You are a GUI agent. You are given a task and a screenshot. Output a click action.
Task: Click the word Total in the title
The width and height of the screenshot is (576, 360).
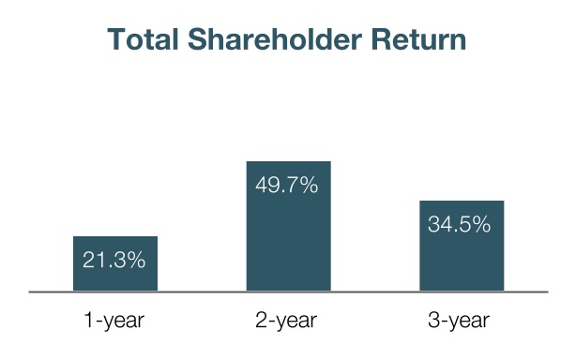(x=143, y=39)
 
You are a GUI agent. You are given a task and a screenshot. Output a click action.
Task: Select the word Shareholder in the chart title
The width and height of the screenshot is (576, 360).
(x=275, y=39)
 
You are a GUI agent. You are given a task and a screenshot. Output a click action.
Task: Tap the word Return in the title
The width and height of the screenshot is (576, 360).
(x=418, y=39)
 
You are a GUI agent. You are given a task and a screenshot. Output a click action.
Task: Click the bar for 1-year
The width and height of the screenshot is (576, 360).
(x=115, y=263)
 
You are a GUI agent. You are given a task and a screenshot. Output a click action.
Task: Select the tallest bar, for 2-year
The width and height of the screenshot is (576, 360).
(x=289, y=227)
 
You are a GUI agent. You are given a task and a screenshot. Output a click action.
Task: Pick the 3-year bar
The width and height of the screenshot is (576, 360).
(x=462, y=247)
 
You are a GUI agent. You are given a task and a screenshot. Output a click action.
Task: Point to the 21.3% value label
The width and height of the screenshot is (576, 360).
(x=114, y=260)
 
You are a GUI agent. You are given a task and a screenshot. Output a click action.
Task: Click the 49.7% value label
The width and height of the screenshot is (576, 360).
(x=287, y=185)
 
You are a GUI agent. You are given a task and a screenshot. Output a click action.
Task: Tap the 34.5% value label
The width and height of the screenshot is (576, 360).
(x=459, y=224)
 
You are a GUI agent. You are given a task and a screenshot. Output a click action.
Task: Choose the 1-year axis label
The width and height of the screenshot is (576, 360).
(x=114, y=321)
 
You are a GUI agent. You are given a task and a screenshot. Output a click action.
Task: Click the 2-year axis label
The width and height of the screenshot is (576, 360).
(x=286, y=321)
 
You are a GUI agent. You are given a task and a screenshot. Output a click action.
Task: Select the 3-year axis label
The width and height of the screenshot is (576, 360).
(x=459, y=321)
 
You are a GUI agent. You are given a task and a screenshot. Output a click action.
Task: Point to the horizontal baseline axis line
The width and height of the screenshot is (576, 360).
(x=288, y=292)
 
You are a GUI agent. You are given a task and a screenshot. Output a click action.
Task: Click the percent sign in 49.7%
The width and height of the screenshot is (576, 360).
(x=309, y=185)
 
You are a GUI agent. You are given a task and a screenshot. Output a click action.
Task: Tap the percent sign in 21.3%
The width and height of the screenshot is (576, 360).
(x=135, y=260)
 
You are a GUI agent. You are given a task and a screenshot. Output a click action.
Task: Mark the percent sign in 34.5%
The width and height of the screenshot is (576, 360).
(x=480, y=224)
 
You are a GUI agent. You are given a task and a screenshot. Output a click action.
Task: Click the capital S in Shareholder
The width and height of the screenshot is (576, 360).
(x=198, y=39)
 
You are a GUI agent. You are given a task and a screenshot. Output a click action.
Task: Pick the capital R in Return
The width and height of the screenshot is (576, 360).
(x=381, y=39)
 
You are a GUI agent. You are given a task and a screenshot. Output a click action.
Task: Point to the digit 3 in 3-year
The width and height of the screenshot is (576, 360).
(x=433, y=320)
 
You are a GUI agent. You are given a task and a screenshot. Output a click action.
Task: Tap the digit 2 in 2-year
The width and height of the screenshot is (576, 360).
(x=262, y=320)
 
